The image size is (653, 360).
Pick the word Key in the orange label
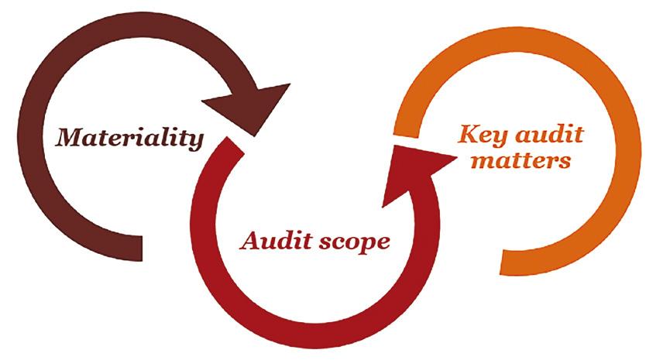point(483,135)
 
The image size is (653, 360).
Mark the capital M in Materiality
point(70,138)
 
